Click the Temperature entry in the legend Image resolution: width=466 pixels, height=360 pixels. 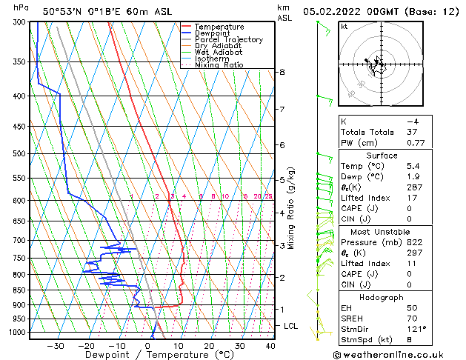click(x=220, y=27)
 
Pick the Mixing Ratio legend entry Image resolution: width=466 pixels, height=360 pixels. click(x=219, y=65)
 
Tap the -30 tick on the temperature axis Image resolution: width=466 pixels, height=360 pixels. click(x=56, y=346)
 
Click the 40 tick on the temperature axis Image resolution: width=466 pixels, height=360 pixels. click(x=270, y=346)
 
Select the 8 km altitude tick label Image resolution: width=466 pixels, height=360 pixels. click(x=282, y=72)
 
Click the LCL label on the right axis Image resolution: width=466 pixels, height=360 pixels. click(x=291, y=326)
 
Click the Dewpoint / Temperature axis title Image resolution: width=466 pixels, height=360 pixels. click(x=148, y=356)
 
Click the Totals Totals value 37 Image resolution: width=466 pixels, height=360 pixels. click(x=412, y=132)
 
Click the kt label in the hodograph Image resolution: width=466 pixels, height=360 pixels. click(x=344, y=27)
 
